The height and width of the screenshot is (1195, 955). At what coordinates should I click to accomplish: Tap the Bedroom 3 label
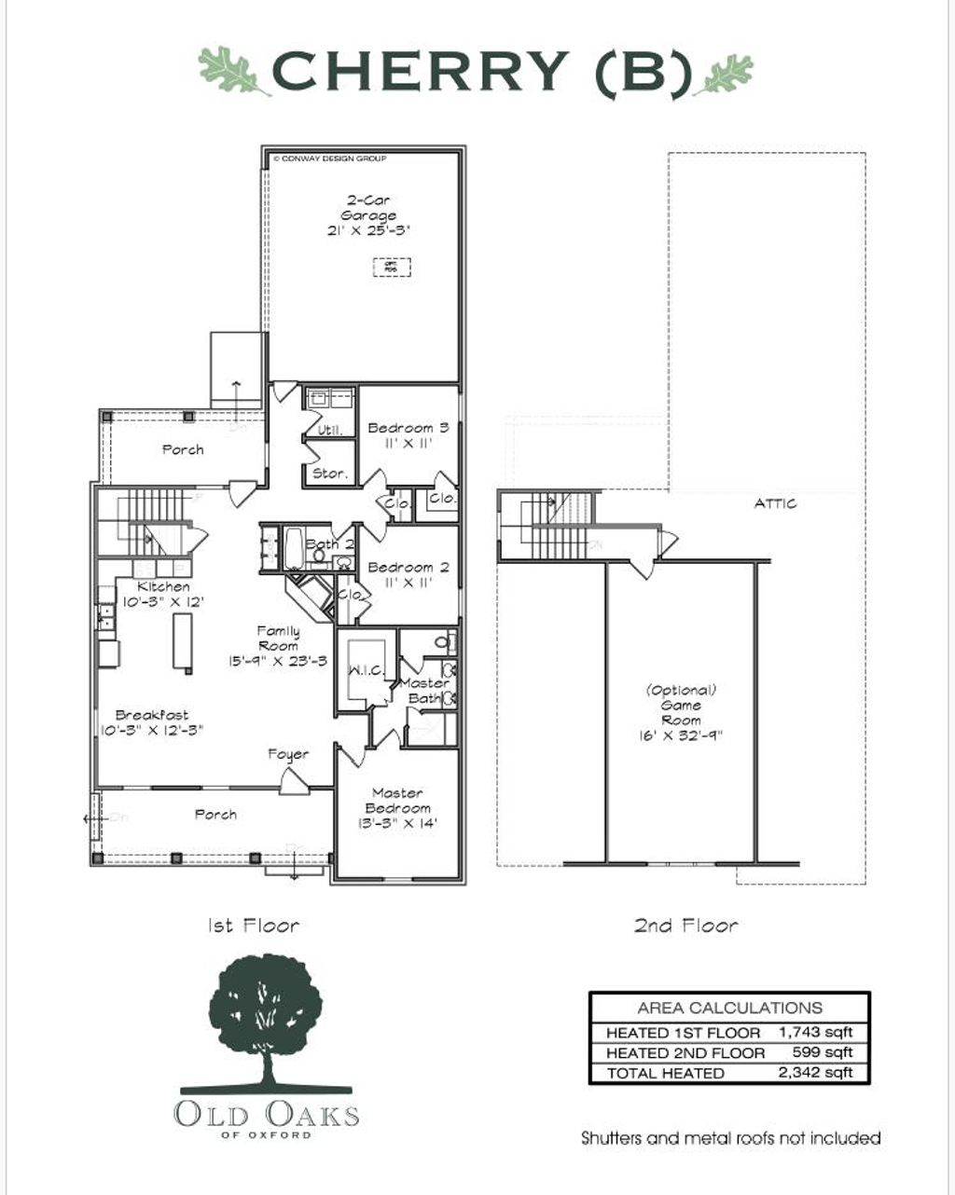[x=408, y=428]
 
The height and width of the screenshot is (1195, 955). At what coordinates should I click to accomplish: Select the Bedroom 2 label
[x=408, y=568]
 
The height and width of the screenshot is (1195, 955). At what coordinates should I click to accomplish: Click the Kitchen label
[x=164, y=587]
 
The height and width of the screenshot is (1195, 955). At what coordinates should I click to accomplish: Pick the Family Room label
[x=278, y=639]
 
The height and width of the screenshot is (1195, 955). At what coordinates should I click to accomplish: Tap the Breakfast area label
[x=151, y=715]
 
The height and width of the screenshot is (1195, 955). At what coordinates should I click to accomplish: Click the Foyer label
[x=288, y=754]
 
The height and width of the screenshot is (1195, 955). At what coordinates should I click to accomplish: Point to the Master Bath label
[x=424, y=691]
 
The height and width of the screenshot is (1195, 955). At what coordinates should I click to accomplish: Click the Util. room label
[x=330, y=431]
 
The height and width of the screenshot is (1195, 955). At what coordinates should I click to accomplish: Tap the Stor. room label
[x=330, y=474]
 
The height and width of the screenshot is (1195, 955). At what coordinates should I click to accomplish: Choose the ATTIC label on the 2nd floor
[x=775, y=503]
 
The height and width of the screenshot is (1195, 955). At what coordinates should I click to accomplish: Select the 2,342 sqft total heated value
[x=815, y=1073]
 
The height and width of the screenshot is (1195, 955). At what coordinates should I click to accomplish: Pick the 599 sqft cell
[x=824, y=1052]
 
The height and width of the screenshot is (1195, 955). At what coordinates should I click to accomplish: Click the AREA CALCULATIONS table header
[x=729, y=1008]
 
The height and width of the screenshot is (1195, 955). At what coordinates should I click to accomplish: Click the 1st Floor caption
[x=253, y=926]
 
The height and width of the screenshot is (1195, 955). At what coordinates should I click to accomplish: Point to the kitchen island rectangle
[x=183, y=642]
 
